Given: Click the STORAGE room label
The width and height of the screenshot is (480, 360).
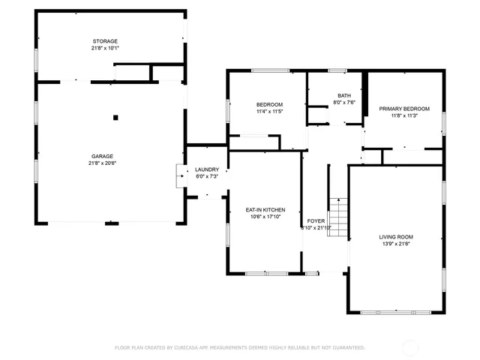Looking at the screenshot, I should tap(105, 41).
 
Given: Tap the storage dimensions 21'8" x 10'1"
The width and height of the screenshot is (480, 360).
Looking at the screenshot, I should tap(105, 48).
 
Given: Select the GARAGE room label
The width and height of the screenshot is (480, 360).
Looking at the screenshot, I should tap(102, 156).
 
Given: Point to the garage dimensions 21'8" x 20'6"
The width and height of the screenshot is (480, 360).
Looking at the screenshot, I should tap(102, 163).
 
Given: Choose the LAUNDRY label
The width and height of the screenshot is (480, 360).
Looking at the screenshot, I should tap(206, 170).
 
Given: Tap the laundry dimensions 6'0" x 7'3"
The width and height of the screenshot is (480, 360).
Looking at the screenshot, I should tap(206, 177).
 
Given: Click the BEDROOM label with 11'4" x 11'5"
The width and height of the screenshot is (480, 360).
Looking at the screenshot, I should tap(269, 104).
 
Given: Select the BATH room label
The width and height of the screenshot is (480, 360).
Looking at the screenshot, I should tap(344, 96).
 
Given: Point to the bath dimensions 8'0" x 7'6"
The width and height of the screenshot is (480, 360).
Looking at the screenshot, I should tap(344, 103).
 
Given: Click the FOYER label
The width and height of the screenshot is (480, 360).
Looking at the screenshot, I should tap(316, 220).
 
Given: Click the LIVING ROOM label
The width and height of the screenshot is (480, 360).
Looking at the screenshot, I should tap(396, 237).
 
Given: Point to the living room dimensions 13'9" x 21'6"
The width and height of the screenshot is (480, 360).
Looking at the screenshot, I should tap(396, 244).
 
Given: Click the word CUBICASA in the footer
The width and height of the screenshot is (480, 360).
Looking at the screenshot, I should tap(190, 347).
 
